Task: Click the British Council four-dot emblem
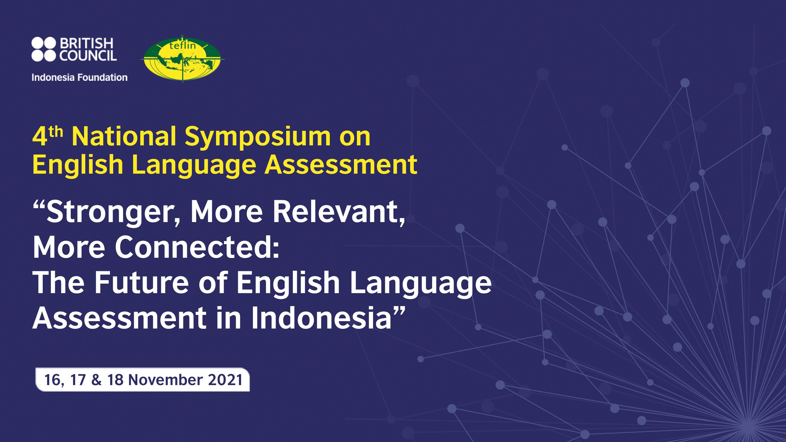pos(44,50)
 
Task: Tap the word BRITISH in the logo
pos(86,44)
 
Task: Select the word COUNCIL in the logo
pos(88,55)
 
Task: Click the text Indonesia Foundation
pos(80,78)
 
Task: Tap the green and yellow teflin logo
pos(183,59)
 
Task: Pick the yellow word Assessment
pos(341,164)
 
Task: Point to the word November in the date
pos(165,380)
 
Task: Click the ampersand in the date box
pos(96,380)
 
